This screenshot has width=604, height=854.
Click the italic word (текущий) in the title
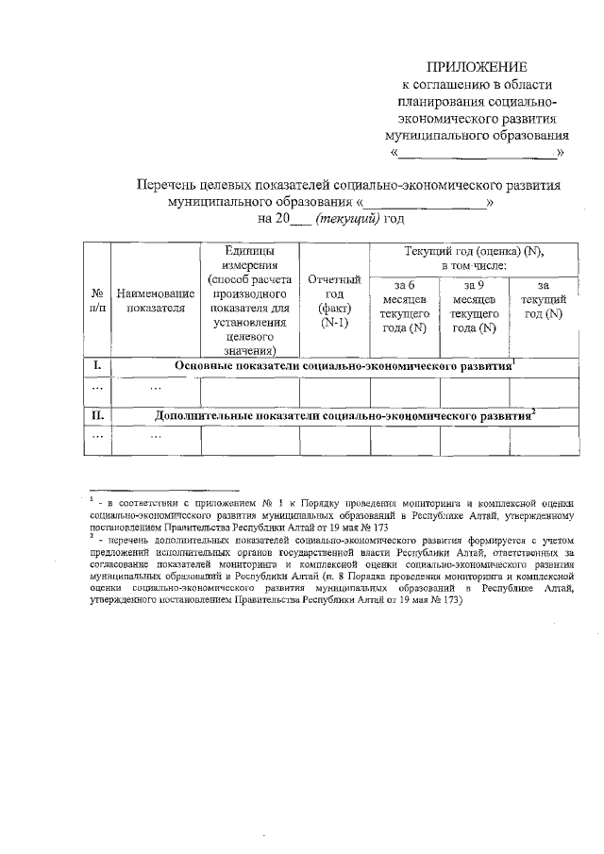tap(347, 219)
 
